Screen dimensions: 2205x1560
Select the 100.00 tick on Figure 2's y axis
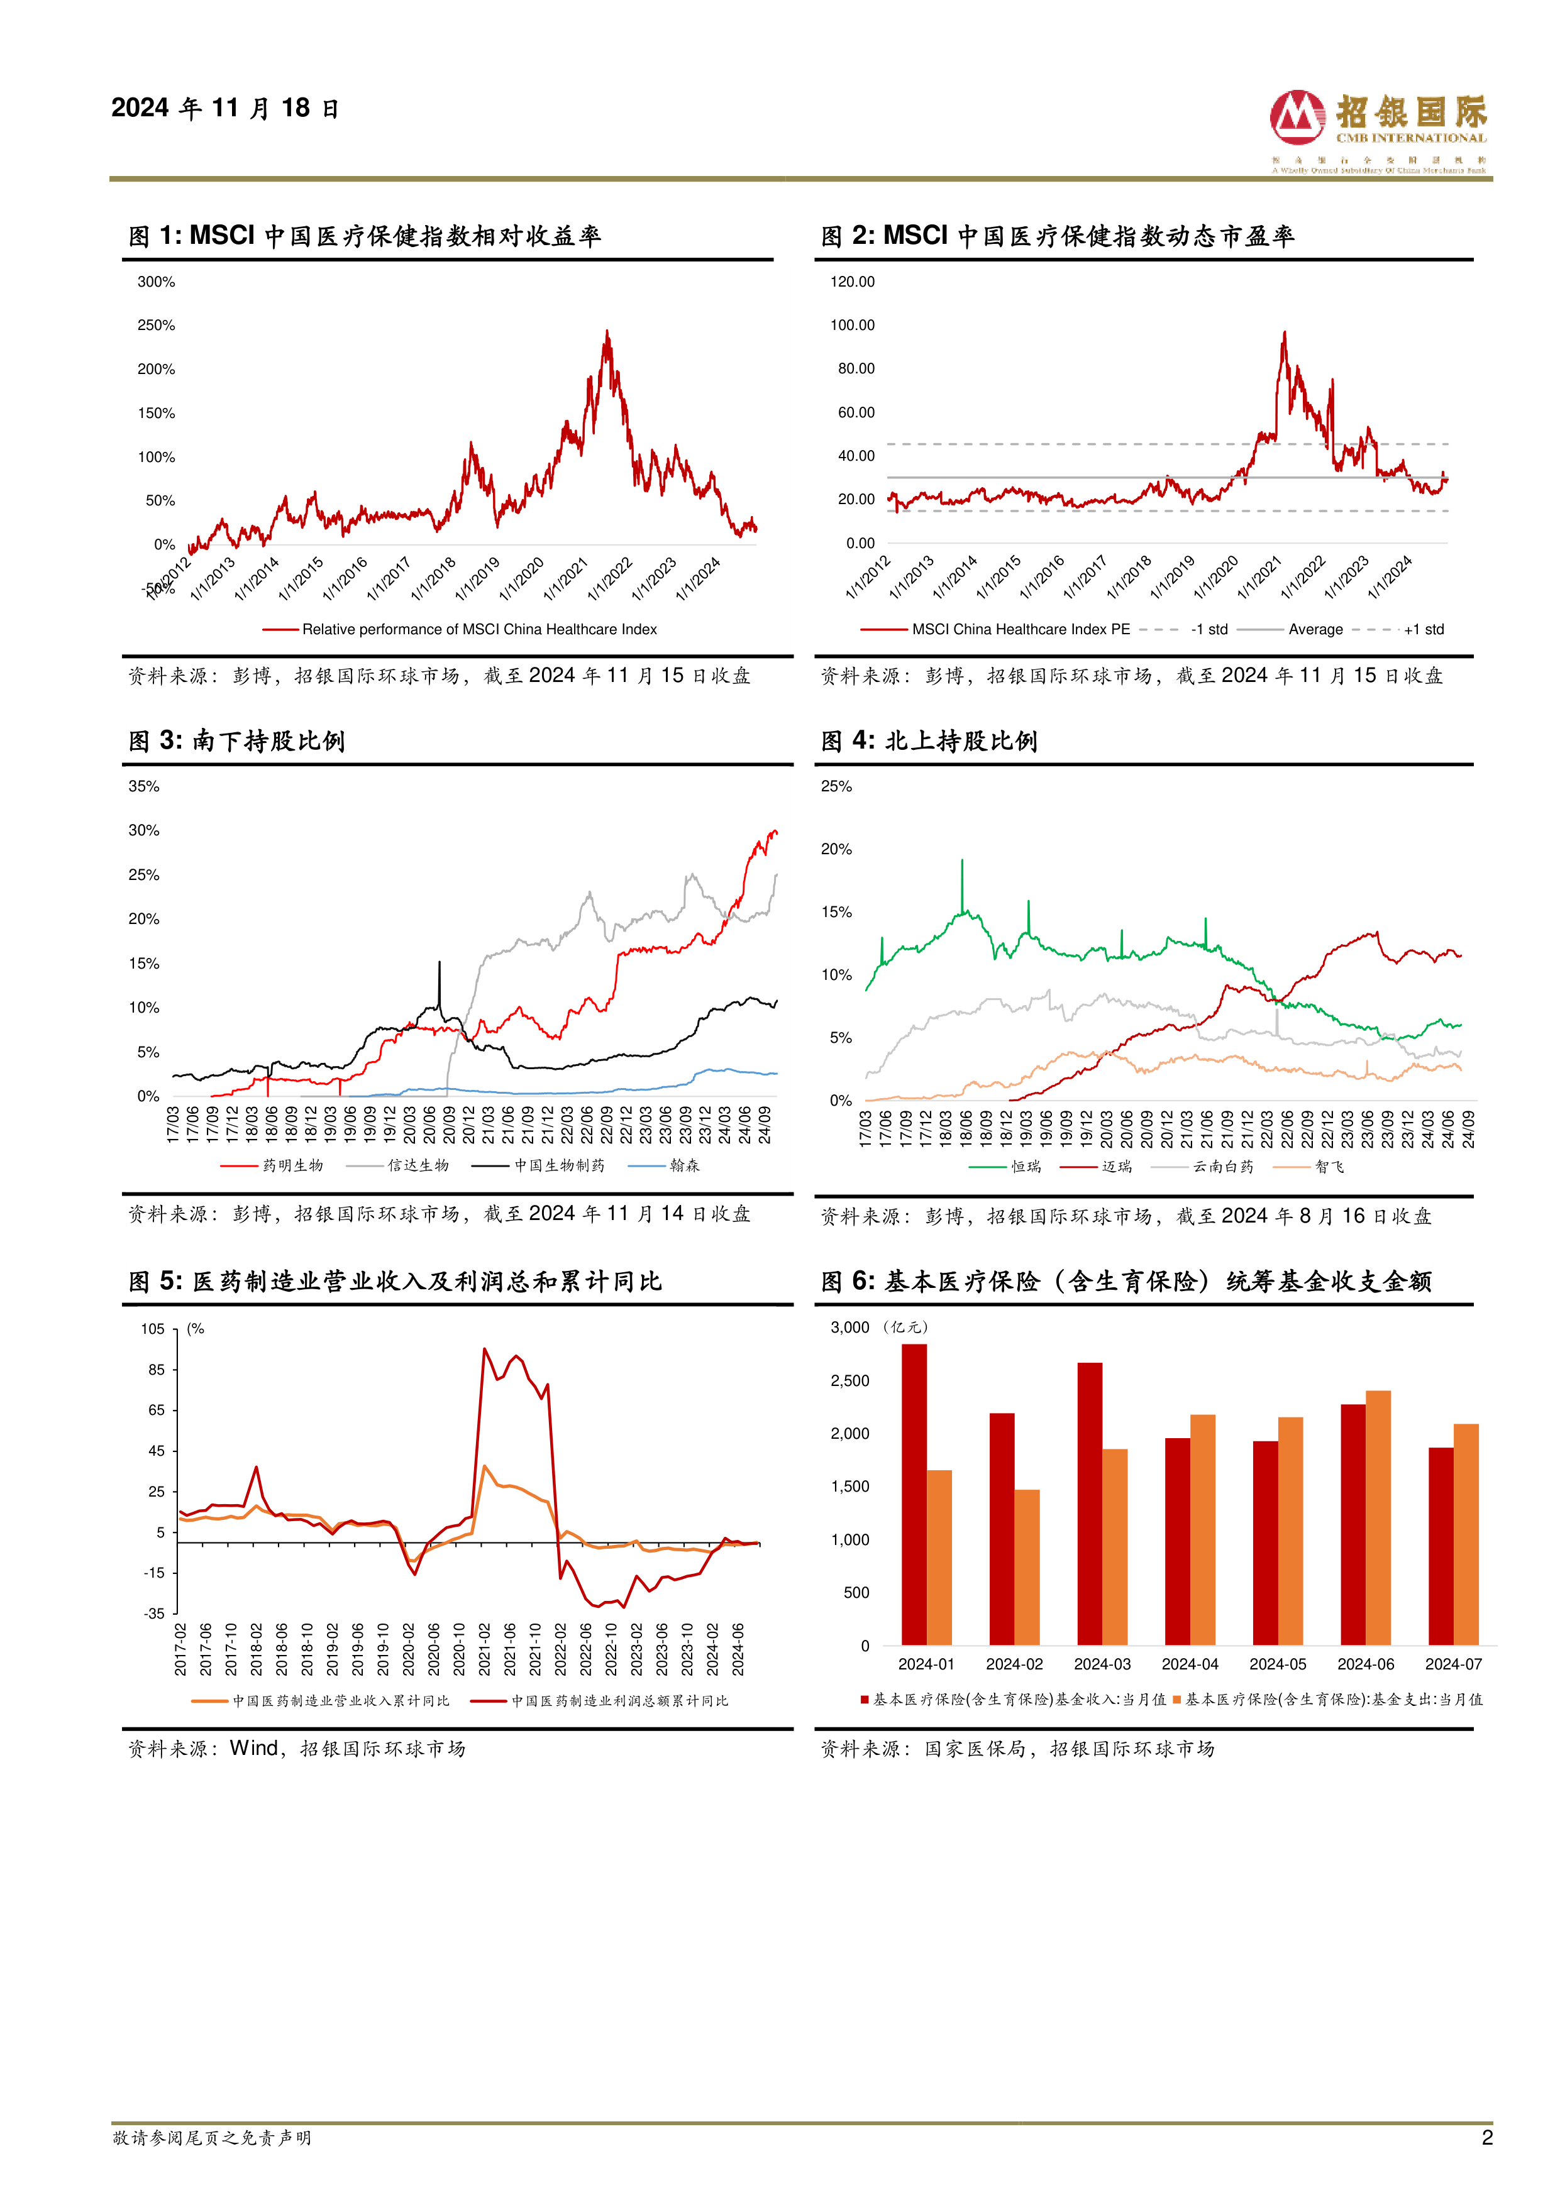[x=852, y=326]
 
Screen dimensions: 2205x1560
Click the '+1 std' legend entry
[x=1424, y=630]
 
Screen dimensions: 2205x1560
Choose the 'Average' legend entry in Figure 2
[x=1315, y=630]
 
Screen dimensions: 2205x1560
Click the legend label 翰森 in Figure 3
[x=685, y=1166]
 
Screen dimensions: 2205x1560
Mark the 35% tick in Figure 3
[x=144, y=786]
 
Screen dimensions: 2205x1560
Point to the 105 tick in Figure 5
[x=153, y=1329]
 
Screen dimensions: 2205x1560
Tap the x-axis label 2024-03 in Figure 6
[x=1102, y=1664]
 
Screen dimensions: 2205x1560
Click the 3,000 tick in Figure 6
[x=850, y=1328]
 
